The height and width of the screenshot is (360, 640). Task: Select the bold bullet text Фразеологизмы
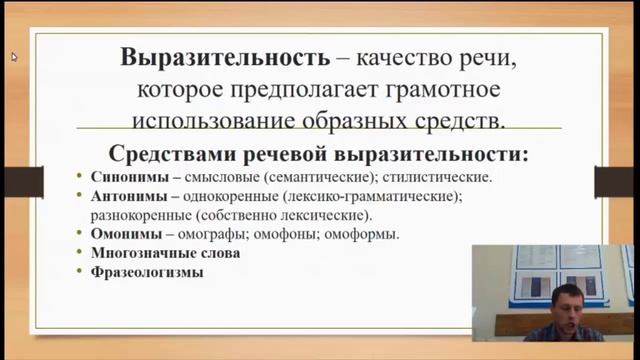pos(146,271)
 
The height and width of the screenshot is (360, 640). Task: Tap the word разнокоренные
pos(138,215)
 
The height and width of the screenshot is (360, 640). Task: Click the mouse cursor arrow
pos(14,56)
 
